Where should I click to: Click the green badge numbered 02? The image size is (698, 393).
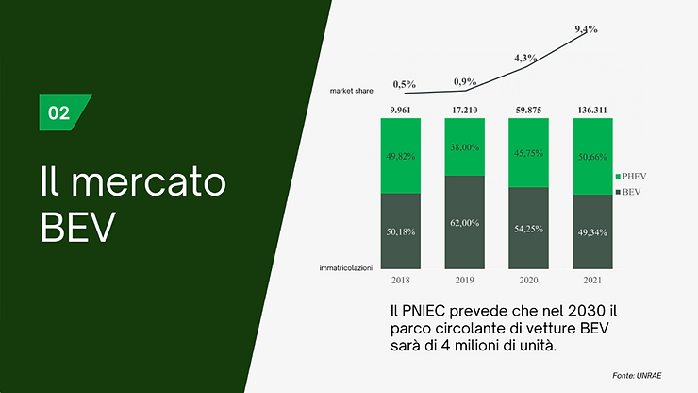62,112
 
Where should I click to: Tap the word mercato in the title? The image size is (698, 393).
149,182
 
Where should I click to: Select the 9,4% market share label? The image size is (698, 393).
586,29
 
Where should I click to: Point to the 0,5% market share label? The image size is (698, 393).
405,84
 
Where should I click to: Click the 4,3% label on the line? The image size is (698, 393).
525,58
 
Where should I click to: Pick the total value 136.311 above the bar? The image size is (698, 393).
592,110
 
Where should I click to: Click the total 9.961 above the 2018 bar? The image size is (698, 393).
400,110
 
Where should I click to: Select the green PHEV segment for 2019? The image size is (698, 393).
464,146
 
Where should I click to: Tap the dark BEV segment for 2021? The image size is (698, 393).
592,232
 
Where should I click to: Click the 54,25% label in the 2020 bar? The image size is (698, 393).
528,229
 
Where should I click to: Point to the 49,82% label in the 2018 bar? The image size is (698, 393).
401,156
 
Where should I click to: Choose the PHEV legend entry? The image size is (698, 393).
631,177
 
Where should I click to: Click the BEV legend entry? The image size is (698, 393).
628,192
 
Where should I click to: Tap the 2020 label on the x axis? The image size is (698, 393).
528,281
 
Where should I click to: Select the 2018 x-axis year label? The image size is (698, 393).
401,281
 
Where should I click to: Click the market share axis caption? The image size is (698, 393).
351,91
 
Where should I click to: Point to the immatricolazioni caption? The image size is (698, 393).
346,268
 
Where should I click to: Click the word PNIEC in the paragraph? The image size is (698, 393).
424,311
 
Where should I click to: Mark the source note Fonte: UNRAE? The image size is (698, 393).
637,376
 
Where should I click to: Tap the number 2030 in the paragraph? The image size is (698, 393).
580,311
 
